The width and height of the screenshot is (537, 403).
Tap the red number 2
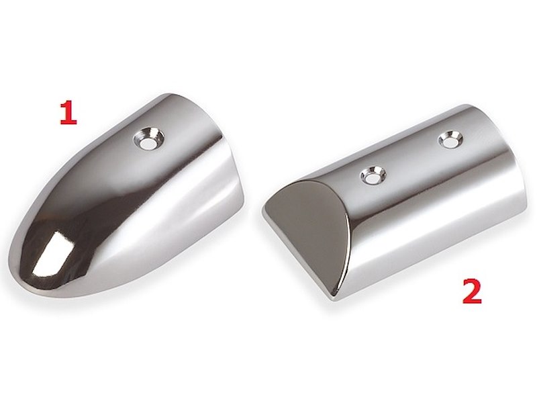pos(472,291)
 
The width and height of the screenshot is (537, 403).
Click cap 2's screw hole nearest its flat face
pos(373,175)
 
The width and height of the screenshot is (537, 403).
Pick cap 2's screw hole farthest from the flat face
pos(450,138)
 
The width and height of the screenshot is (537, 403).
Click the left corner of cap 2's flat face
pos(262,211)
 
